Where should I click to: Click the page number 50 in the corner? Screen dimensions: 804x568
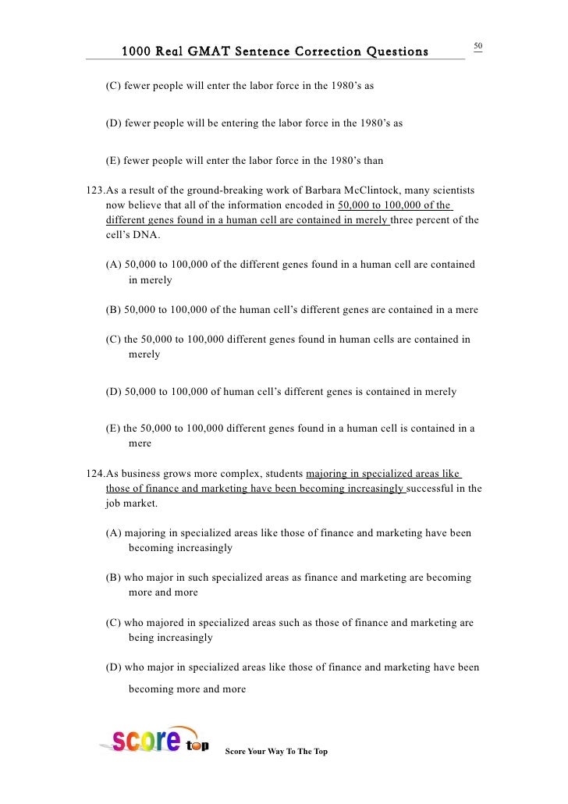coord(478,46)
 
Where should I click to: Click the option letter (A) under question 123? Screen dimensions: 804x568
coord(114,265)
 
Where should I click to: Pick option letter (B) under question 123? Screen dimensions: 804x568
coord(114,310)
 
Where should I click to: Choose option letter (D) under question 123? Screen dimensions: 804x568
coord(114,392)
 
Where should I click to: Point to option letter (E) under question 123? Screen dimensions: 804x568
coord(114,429)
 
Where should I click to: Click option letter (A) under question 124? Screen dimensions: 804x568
coord(114,533)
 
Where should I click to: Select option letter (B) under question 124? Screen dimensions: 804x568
coord(114,578)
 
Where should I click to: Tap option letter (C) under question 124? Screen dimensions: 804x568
coord(114,623)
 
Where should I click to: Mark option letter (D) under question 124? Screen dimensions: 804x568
coord(114,667)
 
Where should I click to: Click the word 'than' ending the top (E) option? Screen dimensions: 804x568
coord(372,162)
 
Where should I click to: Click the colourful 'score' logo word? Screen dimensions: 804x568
coord(144,740)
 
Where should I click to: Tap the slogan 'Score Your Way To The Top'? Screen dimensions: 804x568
coord(276,751)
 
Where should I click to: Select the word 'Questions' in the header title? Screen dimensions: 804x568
coord(391,52)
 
